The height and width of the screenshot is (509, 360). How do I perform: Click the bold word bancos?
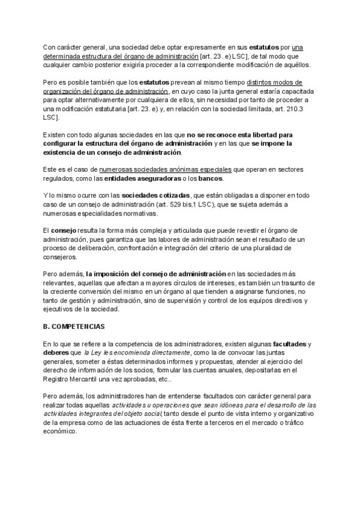(x=211, y=179)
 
